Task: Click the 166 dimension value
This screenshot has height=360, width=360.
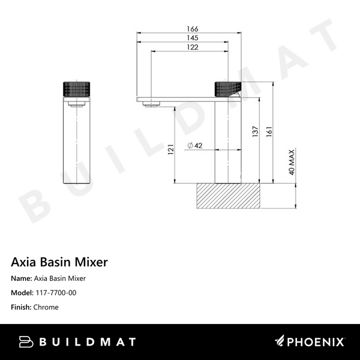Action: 192,29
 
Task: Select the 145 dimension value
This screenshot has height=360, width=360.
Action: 192,38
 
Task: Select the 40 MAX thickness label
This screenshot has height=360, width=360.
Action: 292,161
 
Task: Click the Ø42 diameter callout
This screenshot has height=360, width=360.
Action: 193,146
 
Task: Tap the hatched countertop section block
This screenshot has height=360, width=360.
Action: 228,196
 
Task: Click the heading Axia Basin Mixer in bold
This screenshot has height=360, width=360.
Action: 59,262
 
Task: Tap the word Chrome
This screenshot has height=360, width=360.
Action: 46,307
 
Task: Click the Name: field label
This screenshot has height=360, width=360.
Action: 22,278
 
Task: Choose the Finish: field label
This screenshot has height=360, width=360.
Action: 22,307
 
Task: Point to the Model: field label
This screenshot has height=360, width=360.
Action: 22,293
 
